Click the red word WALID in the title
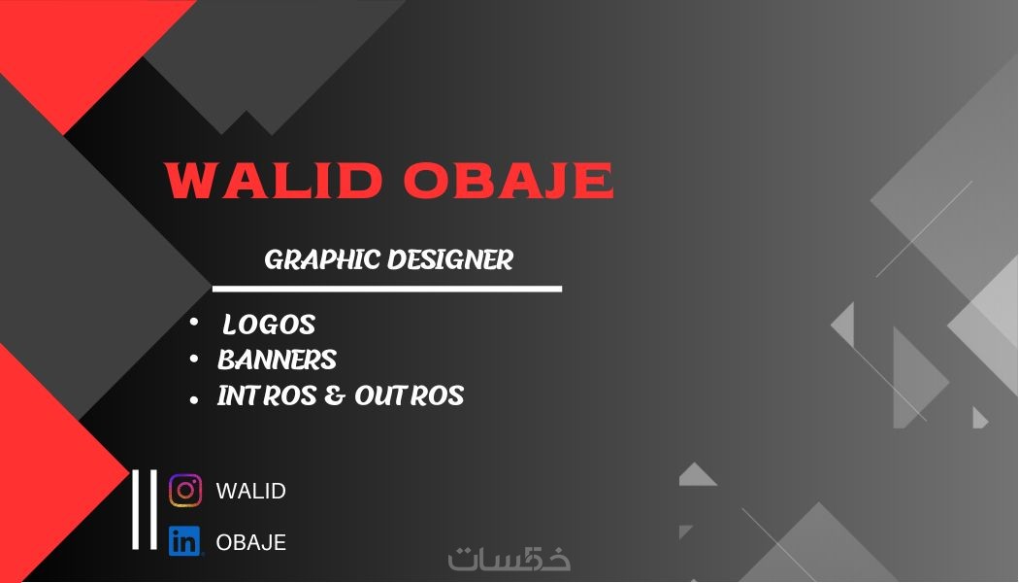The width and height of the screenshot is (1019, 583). (x=274, y=180)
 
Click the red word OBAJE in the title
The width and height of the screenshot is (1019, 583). (x=509, y=180)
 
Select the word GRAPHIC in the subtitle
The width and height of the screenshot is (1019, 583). (x=321, y=259)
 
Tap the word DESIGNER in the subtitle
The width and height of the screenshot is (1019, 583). (x=450, y=259)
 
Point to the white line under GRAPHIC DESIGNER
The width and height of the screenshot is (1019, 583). (x=386, y=289)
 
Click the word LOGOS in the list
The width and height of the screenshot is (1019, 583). (x=269, y=325)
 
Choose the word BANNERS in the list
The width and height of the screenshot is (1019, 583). (x=277, y=360)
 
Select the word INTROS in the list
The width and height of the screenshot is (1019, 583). (x=267, y=395)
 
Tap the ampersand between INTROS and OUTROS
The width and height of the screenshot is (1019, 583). (x=335, y=395)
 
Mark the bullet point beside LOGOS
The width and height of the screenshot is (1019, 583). (x=194, y=322)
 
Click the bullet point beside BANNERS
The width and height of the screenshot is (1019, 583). (x=194, y=359)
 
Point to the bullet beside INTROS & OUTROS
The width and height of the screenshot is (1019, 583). (x=194, y=399)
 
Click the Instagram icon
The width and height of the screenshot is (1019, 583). (x=185, y=490)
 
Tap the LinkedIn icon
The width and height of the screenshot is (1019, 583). (x=184, y=541)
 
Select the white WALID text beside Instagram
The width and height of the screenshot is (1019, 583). (x=250, y=491)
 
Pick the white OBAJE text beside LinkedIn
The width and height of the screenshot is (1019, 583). (x=250, y=542)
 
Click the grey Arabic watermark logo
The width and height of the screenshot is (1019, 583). (x=509, y=559)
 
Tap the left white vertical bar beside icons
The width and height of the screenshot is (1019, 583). (x=136, y=509)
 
